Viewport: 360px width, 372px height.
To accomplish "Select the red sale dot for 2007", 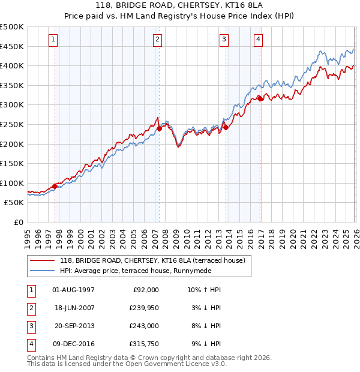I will (x=160, y=128).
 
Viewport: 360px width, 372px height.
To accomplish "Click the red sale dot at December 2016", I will (x=260, y=98).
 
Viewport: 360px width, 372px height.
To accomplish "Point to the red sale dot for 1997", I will (x=55, y=186).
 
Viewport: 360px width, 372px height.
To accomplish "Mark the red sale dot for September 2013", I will (x=226, y=127).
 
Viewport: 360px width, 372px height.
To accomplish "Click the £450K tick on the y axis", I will (x=12, y=46).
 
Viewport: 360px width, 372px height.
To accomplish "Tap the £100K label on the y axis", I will (x=12, y=183).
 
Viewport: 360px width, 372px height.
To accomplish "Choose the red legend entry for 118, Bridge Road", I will (x=152, y=260).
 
